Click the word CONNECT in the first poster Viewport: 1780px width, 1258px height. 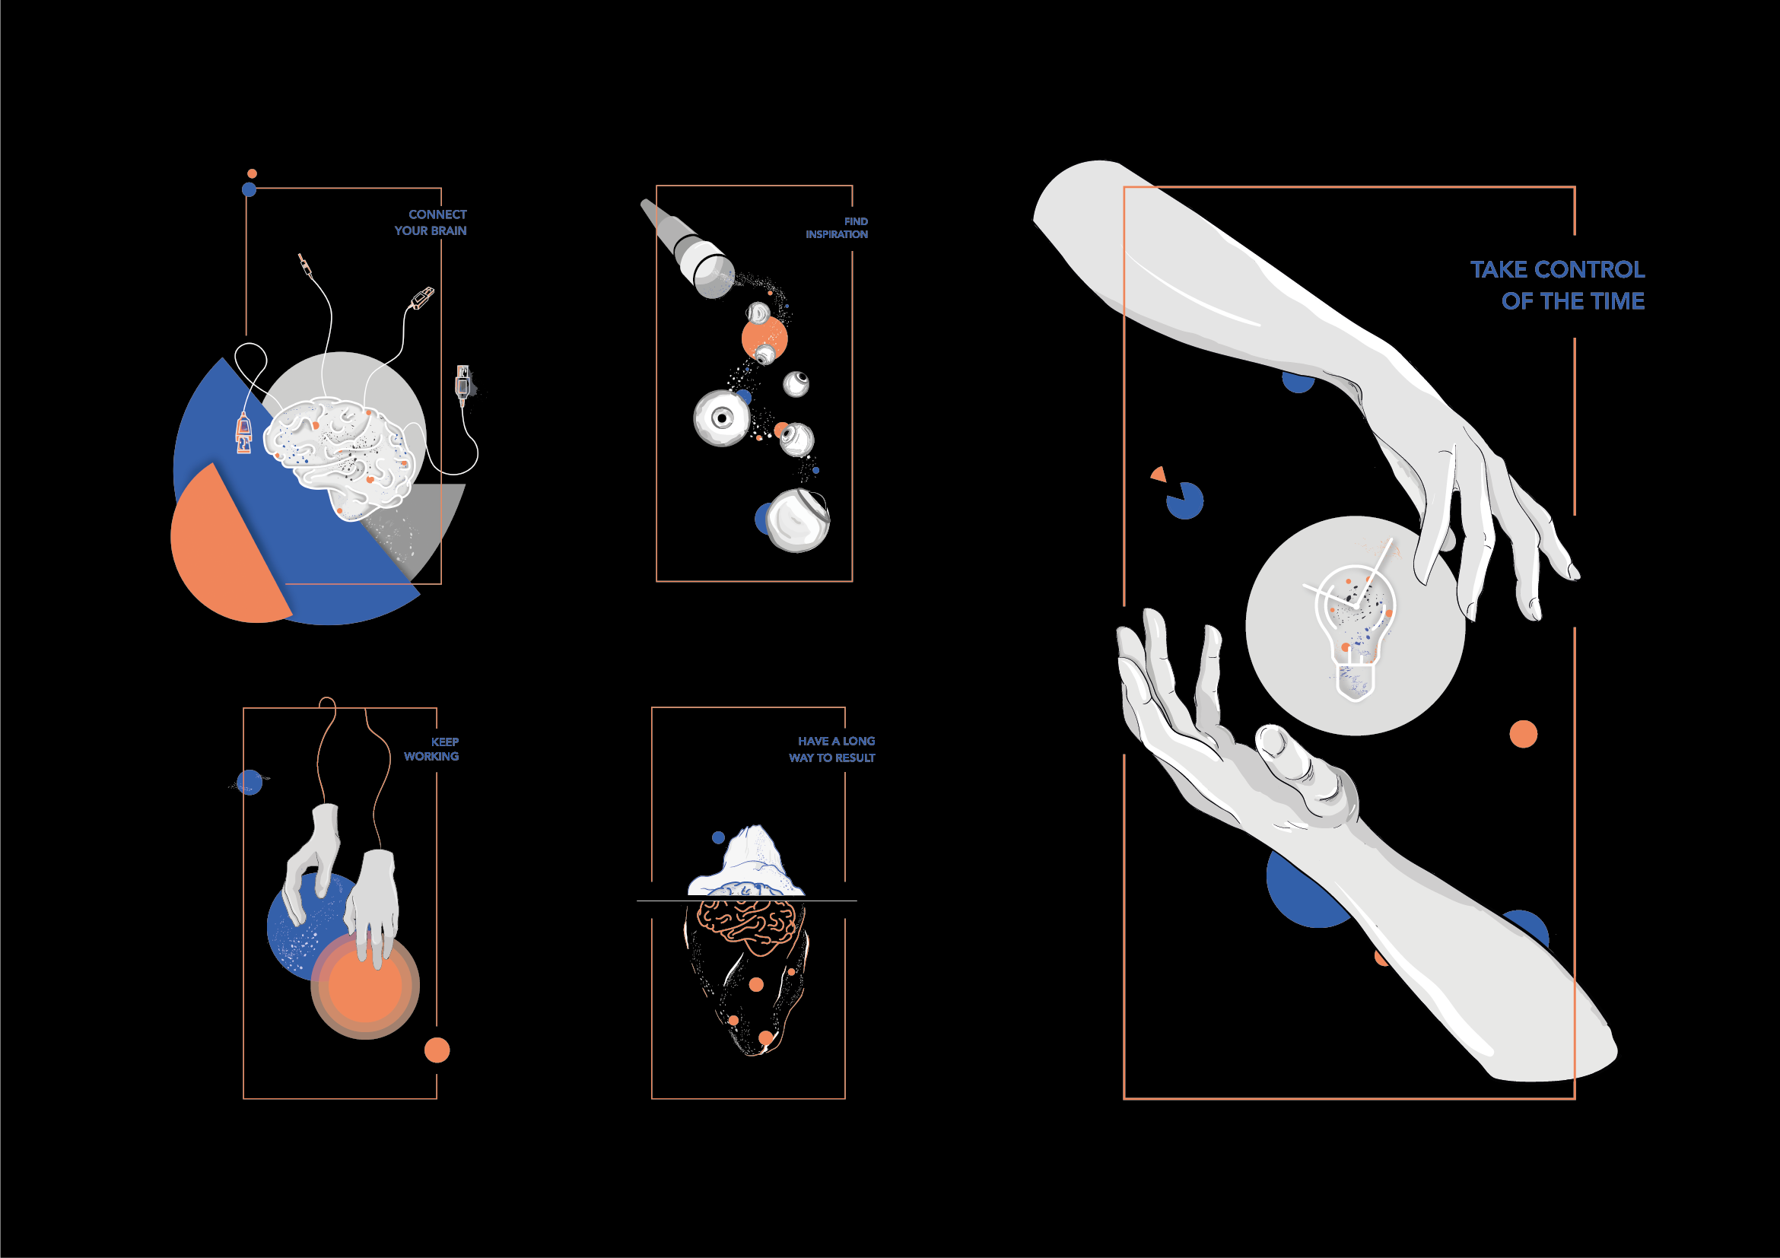(x=437, y=214)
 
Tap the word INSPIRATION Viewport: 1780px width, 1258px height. (x=837, y=234)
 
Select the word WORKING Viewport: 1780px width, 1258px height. (x=431, y=756)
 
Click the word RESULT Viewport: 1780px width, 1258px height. (x=855, y=758)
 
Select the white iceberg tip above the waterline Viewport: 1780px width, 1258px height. (x=745, y=860)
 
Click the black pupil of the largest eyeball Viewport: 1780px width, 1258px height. (x=723, y=418)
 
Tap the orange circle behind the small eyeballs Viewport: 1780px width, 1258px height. (x=764, y=338)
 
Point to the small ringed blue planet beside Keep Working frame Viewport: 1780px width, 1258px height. (x=249, y=782)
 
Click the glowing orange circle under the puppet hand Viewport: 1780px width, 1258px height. (x=365, y=985)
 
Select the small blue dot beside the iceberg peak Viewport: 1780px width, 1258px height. (x=718, y=837)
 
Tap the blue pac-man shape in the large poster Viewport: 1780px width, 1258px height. (x=1184, y=500)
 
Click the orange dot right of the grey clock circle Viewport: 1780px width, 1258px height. (x=1524, y=734)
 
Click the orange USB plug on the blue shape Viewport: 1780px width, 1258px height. (x=243, y=434)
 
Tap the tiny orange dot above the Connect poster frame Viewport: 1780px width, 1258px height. (x=252, y=173)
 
